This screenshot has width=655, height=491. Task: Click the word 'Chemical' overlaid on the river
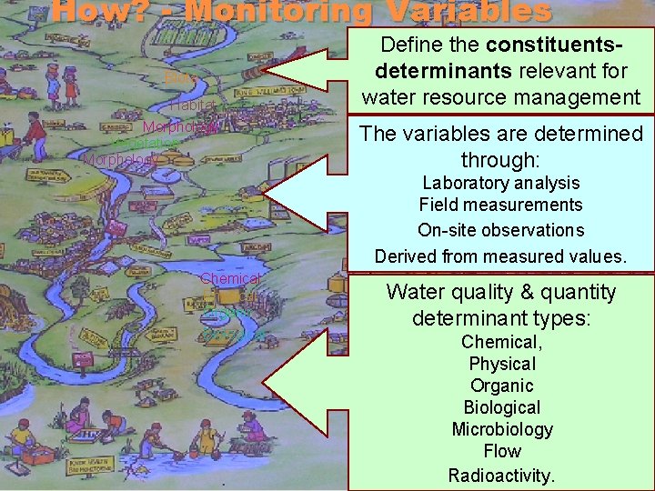(x=231, y=278)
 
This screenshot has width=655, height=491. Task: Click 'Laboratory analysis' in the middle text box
(x=500, y=183)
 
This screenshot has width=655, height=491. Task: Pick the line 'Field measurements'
(x=500, y=205)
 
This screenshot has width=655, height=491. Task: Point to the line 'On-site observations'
(x=500, y=230)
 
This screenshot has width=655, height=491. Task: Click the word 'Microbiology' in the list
(x=501, y=429)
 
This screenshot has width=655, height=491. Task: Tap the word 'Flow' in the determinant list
(x=501, y=451)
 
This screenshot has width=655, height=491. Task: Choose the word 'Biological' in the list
(x=501, y=407)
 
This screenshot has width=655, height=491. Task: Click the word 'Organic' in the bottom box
(x=501, y=386)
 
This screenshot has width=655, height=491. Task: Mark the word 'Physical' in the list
(x=501, y=364)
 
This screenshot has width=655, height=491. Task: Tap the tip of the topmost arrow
(x=267, y=70)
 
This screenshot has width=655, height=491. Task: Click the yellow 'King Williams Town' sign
(x=260, y=92)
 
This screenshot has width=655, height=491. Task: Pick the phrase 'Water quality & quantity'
(x=501, y=293)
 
